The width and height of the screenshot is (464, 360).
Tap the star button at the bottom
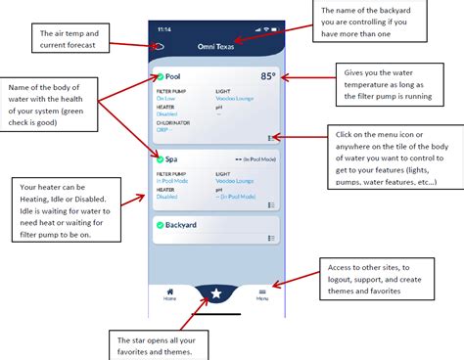pyautogui.click(x=216, y=292)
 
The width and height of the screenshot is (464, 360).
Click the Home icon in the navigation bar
pyautogui.click(x=170, y=292)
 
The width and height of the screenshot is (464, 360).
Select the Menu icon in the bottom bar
pyautogui.click(x=262, y=292)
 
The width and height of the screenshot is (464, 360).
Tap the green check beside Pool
pyautogui.click(x=160, y=75)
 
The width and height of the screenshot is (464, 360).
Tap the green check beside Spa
pyautogui.click(x=160, y=157)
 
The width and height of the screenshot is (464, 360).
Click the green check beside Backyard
pyautogui.click(x=160, y=225)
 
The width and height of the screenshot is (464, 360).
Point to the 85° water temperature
pyautogui.click(x=267, y=75)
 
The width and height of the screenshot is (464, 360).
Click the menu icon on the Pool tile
pyautogui.click(x=270, y=138)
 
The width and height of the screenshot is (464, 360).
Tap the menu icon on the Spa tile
pyautogui.click(x=270, y=205)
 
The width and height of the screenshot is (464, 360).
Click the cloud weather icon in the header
pyautogui.click(x=159, y=46)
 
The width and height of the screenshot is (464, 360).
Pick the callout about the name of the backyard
pyautogui.click(x=376, y=22)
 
